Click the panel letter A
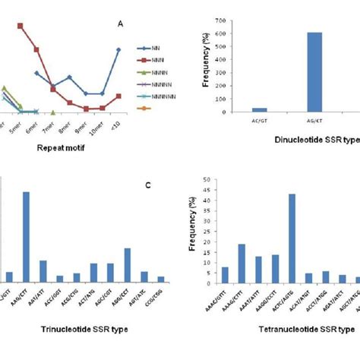pos(120,24)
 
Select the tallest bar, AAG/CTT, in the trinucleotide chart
pos(26,236)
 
